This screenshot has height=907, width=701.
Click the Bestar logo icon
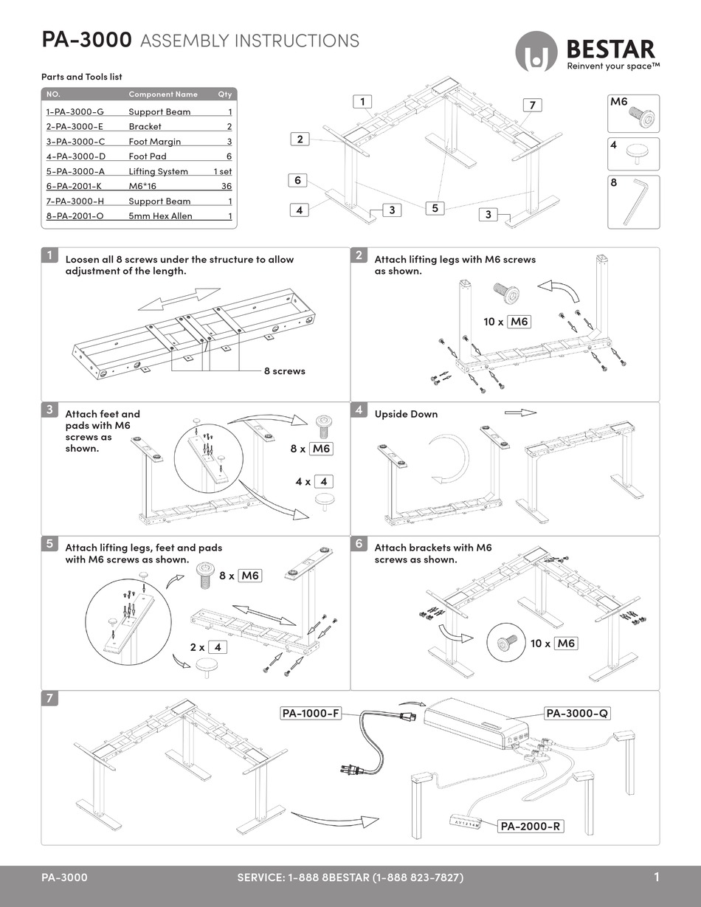pyautogui.click(x=536, y=52)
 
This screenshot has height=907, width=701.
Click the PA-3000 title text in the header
pyautogui.click(x=86, y=41)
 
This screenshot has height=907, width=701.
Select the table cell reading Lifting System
pyautogui.click(x=158, y=171)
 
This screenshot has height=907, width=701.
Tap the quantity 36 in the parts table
pyautogui.click(x=226, y=186)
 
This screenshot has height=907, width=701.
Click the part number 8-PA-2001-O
pyautogui.click(x=75, y=215)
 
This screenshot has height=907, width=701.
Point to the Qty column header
pyautogui.click(x=224, y=94)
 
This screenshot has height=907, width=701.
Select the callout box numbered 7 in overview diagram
pyautogui.click(x=531, y=106)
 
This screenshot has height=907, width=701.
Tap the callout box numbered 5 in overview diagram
pyautogui.click(x=435, y=208)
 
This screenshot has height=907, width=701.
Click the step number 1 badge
pyautogui.click(x=49, y=256)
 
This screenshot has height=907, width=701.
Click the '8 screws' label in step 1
pyautogui.click(x=284, y=370)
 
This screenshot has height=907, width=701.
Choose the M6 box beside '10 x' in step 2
pyautogui.click(x=520, y=322)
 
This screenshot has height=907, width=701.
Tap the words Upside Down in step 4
pyautogui.click(x=406, y=414)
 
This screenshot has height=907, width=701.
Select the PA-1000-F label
pyautogui.click(x=311, y=713)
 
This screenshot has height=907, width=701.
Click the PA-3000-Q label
pyautogui.click(x=577, y=713)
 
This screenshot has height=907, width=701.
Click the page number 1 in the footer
pyautogui.click(x=656, y=877)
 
